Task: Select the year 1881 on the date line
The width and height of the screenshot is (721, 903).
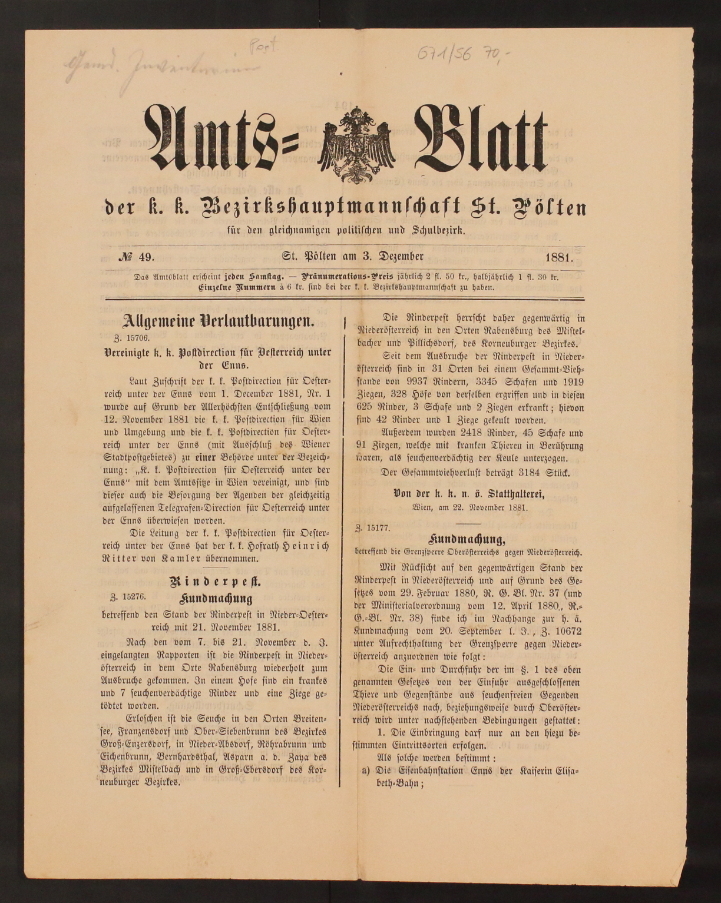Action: coord(559,257)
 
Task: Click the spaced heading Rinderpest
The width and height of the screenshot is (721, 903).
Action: coord(216,582)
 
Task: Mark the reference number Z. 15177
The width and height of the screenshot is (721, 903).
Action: coord(372,527)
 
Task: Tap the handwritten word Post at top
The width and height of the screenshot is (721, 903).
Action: coord(263,45)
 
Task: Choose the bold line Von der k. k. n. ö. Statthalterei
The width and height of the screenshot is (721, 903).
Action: coord(468,493)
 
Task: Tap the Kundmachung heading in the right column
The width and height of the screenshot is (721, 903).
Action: coord(468,539)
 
